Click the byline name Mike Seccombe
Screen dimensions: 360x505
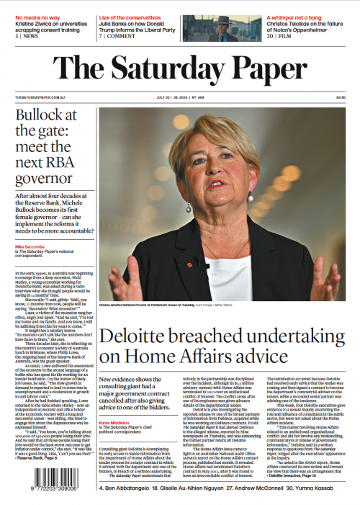(x=32, y=246)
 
